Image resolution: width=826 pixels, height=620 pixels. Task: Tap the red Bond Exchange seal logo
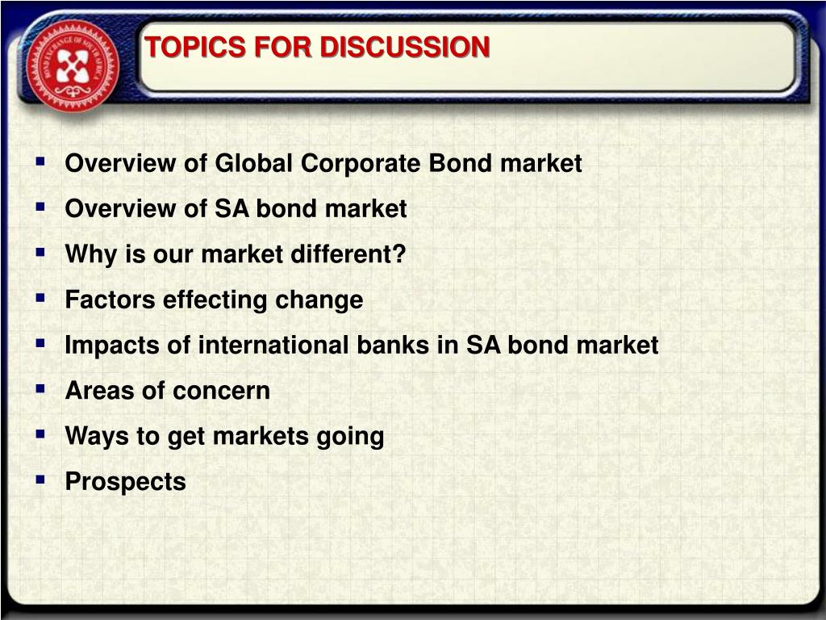tap(73, 65)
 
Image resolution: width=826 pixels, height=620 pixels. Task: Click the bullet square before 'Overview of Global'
tap(40, 161)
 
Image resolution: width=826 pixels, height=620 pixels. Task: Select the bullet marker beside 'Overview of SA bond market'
tap(40, 206)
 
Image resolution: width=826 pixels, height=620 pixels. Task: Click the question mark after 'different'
tap(399, 253)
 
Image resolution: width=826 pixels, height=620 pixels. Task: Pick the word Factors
tap(110, 300)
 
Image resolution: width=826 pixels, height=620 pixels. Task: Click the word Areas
tap(99, 391)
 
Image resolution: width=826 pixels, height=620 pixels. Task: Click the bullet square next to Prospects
tap(40, 480)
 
